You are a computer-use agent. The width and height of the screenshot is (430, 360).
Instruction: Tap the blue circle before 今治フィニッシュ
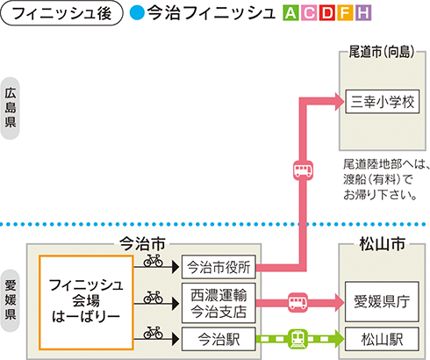click(137, 15)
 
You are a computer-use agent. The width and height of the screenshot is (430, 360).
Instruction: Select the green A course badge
click(290, 15)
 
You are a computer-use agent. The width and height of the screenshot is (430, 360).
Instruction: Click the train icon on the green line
click(298, 337)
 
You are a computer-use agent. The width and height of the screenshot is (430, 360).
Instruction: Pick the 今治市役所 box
click(219, 266)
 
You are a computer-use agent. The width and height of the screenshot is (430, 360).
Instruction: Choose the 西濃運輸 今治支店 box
click(219, 302)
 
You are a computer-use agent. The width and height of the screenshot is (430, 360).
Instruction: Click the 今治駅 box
click(219, 337)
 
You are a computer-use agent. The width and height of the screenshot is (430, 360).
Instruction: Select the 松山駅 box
click(383, 337)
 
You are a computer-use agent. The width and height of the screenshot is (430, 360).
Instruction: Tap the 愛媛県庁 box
click(383, 302)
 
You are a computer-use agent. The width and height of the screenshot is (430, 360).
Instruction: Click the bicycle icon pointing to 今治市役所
click(154, 261)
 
